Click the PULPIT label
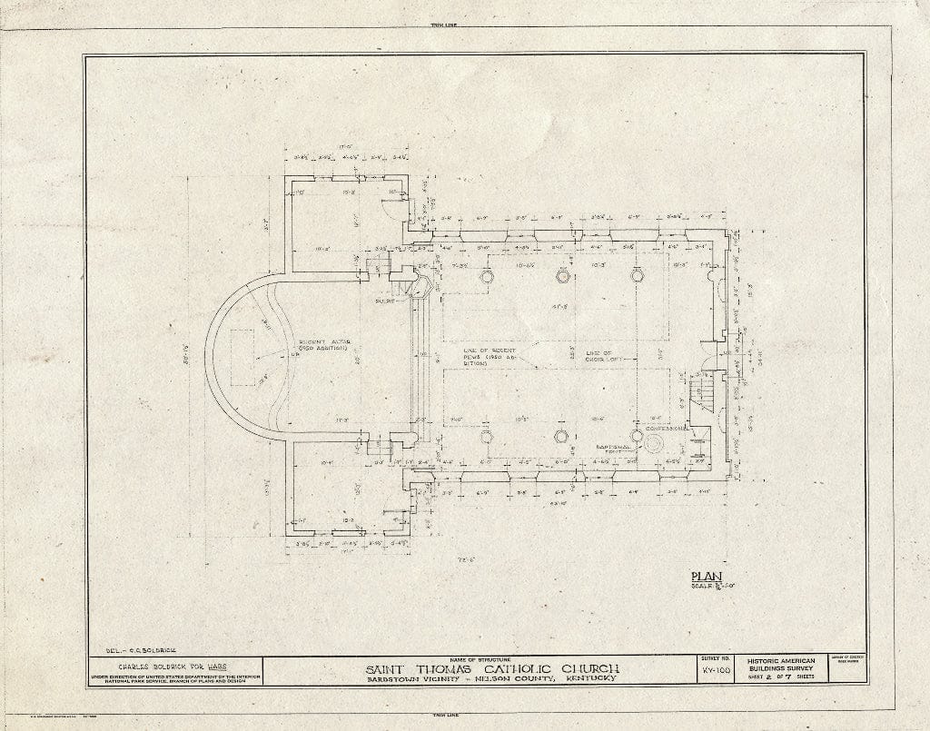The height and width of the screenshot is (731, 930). [x=389, y=300]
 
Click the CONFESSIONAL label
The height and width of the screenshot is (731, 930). [x=688, y=430]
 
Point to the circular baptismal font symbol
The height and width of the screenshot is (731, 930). [x=656, y=444]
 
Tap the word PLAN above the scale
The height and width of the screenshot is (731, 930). [x=704, y=576]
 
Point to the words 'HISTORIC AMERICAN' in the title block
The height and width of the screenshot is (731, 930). [x=780, y=660]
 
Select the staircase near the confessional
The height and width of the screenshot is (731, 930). [x=703, y=392]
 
